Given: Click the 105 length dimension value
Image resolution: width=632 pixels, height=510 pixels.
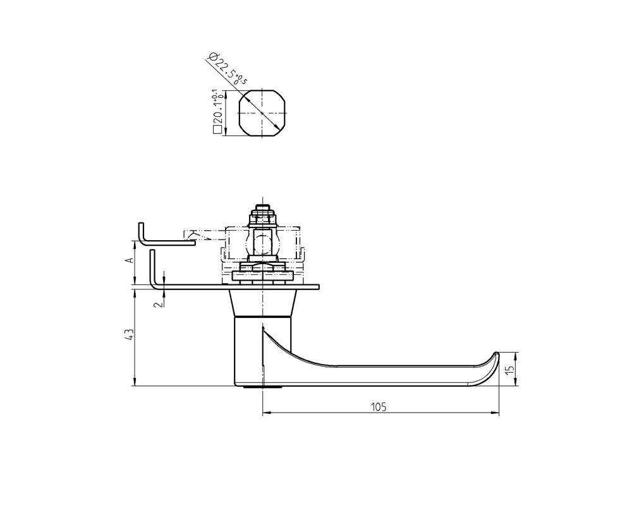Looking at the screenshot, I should tap(379, 406).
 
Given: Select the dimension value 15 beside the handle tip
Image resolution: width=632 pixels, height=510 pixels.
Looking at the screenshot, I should tap(509, 368).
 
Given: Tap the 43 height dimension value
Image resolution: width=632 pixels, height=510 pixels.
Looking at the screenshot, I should tap(128, 335).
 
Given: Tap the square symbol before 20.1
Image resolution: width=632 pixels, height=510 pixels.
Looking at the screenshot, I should tap(217, 131).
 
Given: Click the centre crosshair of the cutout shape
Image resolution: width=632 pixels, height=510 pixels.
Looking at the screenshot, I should tap(262, 114).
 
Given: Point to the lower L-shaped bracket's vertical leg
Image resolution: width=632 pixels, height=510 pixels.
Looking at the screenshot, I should tap(152, 269).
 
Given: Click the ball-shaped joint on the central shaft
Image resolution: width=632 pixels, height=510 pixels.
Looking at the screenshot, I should tap(262, 243).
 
